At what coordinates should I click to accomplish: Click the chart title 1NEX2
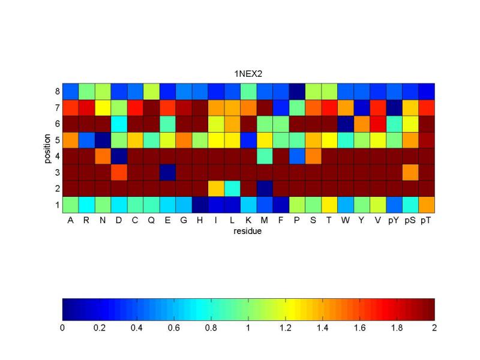(x=248, y=73)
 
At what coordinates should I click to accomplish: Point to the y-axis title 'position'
(x=46, y=148)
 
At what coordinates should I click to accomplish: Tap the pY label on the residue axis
(x=394, y=220)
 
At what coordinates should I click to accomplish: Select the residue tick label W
(x=346, y=220)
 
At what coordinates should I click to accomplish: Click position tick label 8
(x=56, y=92)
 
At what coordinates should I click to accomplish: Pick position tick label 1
(x=56, y=205)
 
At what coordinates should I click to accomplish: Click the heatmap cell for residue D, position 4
(x=119, y=156)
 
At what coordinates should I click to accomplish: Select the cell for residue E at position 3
(x=167, y=172)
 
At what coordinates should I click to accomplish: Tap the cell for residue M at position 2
(x=265, y=188)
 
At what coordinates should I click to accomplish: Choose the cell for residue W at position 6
(x=346, y=124)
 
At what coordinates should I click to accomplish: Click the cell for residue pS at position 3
(x=410, y=172)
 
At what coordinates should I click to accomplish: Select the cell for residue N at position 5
(x=103, y=140)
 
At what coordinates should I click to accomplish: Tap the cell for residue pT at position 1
(x=427, y=205)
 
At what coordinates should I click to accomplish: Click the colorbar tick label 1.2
(x=286, y=328)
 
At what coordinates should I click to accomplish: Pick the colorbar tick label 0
(x=62, y=328)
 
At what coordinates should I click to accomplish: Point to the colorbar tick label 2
(x=434, y=328)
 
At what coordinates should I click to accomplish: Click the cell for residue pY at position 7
(x=394, y=108)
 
